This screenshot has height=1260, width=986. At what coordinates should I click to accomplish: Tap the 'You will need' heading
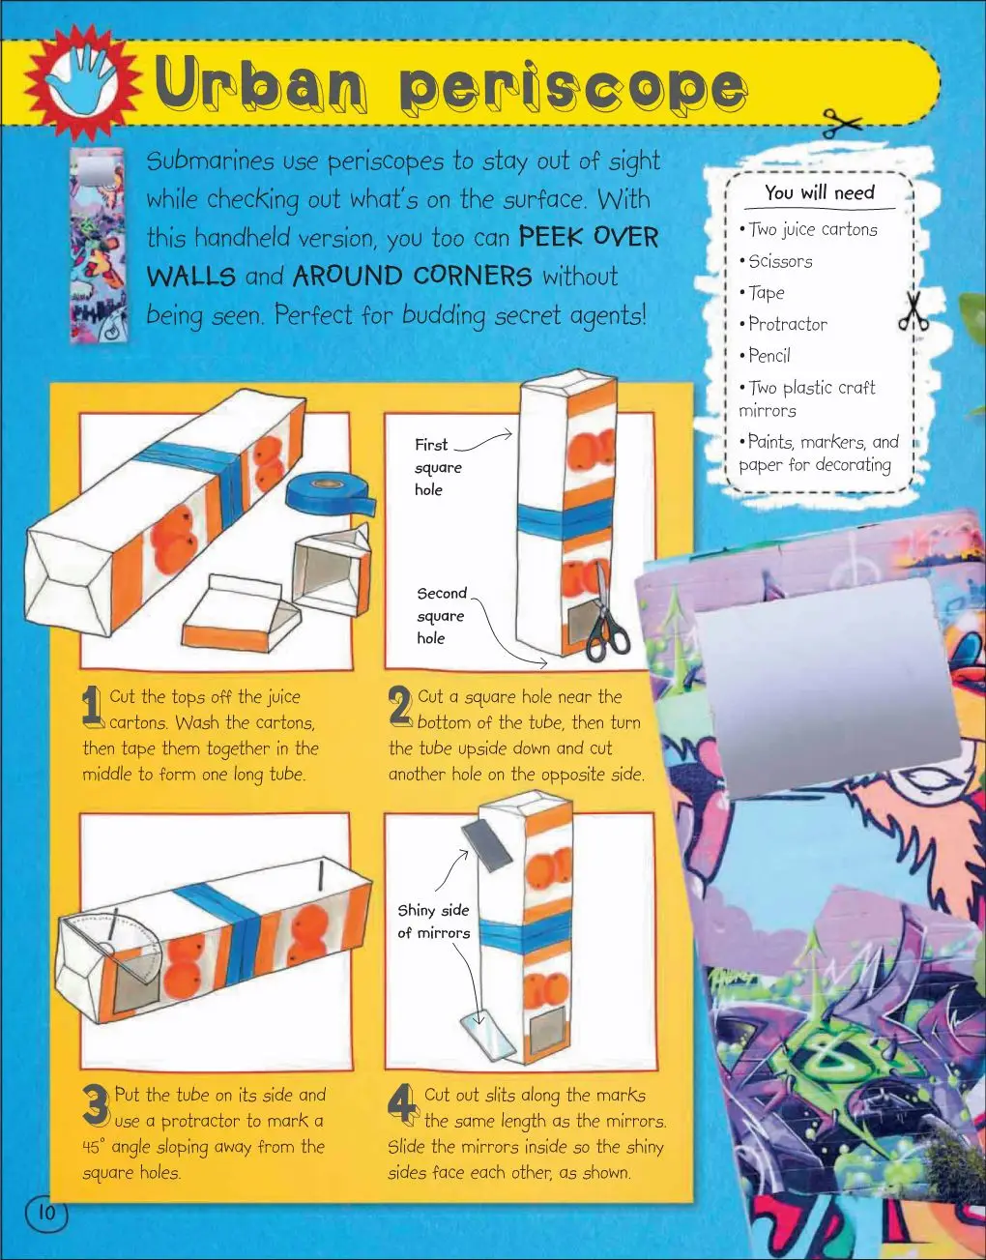click(x=819, y=192)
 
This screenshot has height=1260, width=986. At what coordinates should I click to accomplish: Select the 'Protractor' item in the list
click(x=787, y=324)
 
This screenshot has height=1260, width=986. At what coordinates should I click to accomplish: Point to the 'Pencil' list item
click(x=768, y=356)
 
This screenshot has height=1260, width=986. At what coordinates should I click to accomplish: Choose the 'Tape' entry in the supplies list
click(x=766, y=293)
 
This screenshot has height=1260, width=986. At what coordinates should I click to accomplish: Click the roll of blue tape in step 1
click(x=330, y=494)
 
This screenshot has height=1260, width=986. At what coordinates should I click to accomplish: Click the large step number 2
click(x=400, y=707)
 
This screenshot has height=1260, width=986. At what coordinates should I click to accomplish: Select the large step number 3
click(x=96, y=1104)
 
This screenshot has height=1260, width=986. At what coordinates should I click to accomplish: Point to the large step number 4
click(x=403, y=1104)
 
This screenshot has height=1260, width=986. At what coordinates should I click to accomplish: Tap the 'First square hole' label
click(x=438, y=467)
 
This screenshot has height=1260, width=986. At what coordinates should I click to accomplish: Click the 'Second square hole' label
click(x=442, y=616)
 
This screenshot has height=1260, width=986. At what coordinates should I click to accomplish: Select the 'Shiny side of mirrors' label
click(x=434, y=922)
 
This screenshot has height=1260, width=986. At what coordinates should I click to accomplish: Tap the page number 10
click(x=46, y=1213)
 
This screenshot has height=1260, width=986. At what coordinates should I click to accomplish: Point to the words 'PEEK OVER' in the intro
click(x=589, y=237)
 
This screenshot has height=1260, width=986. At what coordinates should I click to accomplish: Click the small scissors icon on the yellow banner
click(x=841, y=123)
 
